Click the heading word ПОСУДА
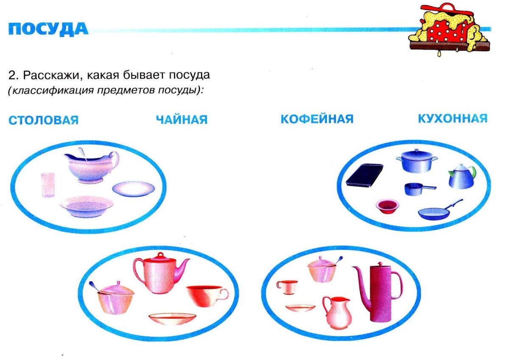[x=48, y=29]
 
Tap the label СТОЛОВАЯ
[x=43, y=120]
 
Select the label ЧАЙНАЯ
[x=182, y=120]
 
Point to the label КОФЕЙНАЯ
[x=317, y=119]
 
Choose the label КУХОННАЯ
[x=453, y=118]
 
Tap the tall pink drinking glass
[x=47, y=185]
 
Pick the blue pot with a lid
[x=417, y=161]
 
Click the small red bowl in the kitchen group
[x=387, y=207]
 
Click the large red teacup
[x=204, y=296]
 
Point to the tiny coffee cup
[x=288, y=287]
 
